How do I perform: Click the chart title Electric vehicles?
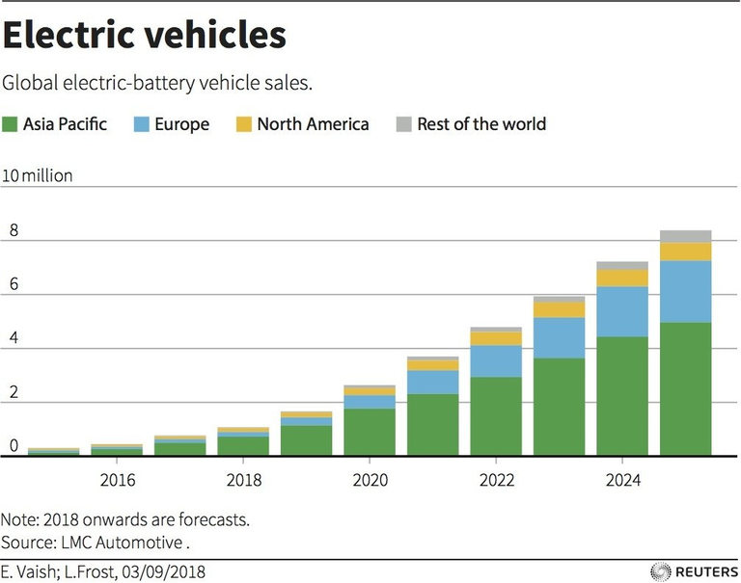pyautogui.click(x=146, y=36)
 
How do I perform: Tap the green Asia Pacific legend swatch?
pyautogui.click(x=12, y=124)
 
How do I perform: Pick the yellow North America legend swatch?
pyautogui.click(x=243, y=124)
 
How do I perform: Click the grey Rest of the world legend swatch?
pyautogui.click(x=403, y=124)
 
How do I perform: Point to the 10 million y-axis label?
pyautogui.click(x=38, y=175)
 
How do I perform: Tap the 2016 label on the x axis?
pyautogui.click(x=117, y=480)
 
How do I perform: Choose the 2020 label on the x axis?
pyautogui.click(x=370, y=480)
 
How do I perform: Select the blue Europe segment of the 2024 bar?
pyautogui.click(x=622, y=311)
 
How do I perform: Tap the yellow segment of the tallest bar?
pyautogui.click(x=685, y=252)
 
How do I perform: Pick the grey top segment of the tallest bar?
pyautogui.click(x=685, y=236)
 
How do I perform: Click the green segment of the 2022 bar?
pyautogui.click(x=496, y=415)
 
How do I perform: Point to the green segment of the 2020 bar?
pyautogui.click(x=370, y=432)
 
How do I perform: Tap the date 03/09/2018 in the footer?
pyautogui.click(x=158, y=571)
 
